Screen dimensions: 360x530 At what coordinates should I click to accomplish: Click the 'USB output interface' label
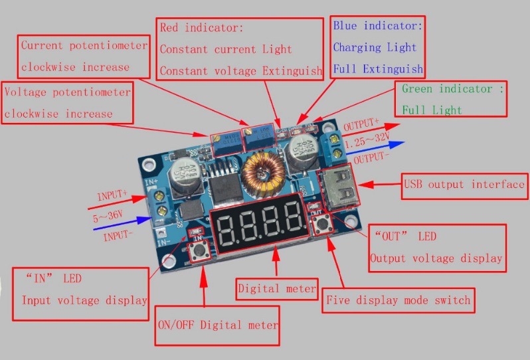(464, 184)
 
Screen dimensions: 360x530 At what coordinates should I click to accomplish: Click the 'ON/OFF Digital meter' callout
(218, 325)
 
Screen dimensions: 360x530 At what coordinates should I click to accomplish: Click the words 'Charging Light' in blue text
(375, 47)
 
